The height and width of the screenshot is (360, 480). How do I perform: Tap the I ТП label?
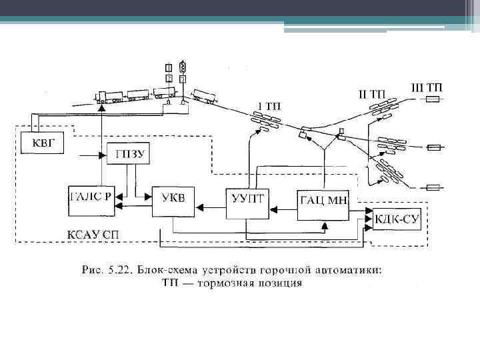tap(265, 105)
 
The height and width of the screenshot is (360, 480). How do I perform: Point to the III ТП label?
tap(426, 87)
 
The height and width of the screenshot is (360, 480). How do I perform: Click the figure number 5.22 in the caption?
tap(117, 270)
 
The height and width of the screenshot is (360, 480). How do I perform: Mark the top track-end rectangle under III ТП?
tap(433, 100)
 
